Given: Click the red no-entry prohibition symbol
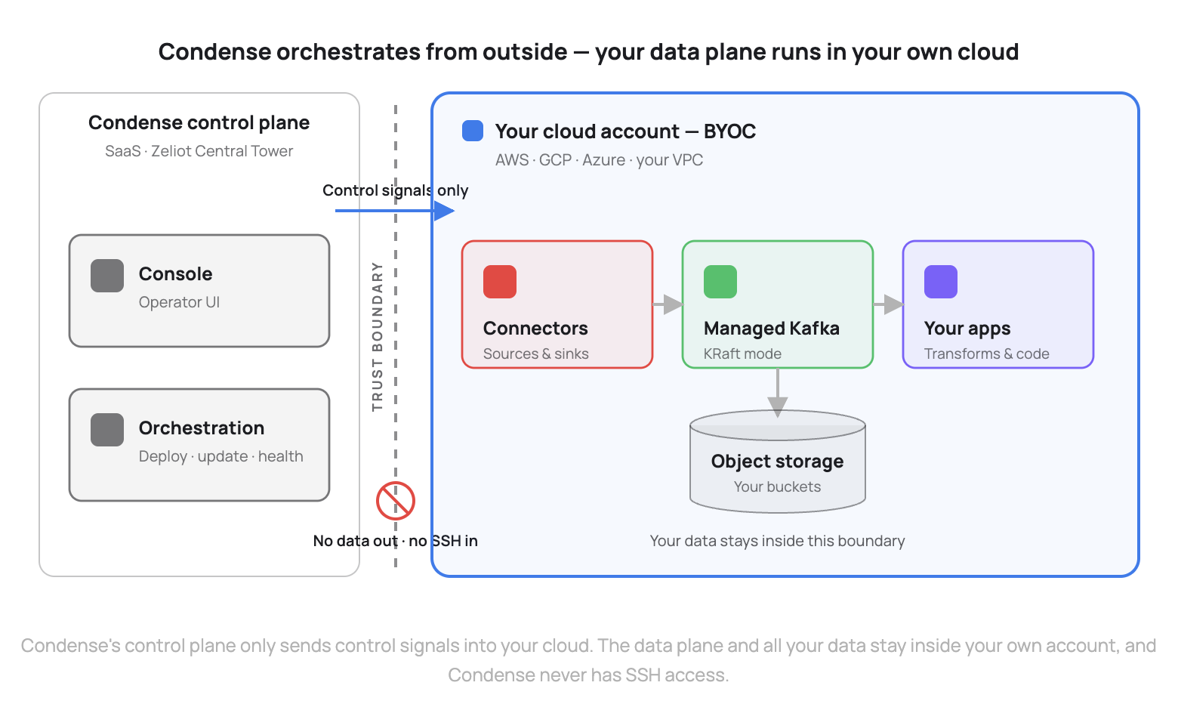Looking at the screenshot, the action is point(396,501).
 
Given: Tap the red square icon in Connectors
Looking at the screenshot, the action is point(500,282).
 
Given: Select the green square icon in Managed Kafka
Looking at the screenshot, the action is point(720,282).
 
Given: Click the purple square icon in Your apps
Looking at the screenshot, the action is point(941,282).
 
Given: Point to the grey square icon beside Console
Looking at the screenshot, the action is point(107,276).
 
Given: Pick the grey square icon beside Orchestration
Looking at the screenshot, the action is point(107,430).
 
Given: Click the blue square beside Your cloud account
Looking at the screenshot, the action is point(472,131).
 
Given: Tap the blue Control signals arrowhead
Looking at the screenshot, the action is point(444,211).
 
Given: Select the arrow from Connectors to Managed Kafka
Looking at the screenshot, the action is point(668,304).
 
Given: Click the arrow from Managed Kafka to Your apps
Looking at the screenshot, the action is point(888,304).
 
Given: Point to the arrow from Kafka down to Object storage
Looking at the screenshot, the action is point(778,393).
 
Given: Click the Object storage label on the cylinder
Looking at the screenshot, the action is point(777,462).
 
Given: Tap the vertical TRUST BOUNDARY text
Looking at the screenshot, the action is point(377,337).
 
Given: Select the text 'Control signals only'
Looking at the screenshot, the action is point(396,190).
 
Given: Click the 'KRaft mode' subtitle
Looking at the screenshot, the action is point(742,354).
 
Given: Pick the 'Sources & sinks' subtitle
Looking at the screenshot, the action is point(536,354).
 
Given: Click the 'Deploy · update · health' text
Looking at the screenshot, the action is point(220,456).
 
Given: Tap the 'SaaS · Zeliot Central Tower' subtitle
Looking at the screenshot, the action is point(199,151).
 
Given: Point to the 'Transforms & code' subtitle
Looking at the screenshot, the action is point(986,354).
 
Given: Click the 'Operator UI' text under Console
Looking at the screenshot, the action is point(179,302).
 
